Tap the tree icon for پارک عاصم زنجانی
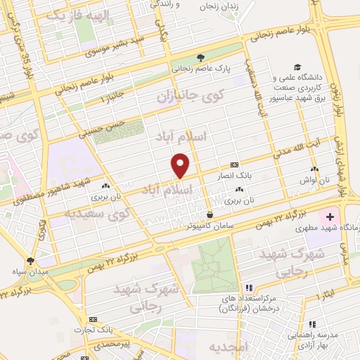201,58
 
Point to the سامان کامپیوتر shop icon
210,214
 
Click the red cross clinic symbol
331,217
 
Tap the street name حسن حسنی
102,125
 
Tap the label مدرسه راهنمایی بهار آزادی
330,338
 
